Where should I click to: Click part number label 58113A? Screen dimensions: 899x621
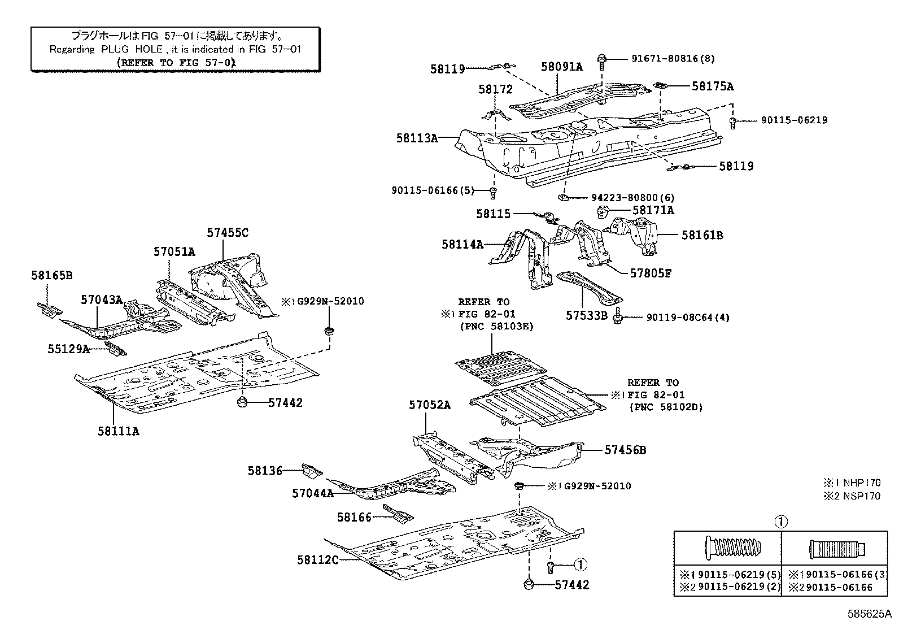[x=417, y=137]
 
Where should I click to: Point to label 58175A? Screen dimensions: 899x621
[x=713, y=86]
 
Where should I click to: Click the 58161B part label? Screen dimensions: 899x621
[x=702, y=234]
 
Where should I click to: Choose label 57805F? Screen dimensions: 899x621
[x=651, y=273]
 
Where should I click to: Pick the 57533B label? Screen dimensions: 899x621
[x=587, y=315]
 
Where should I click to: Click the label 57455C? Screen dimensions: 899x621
[x=227, y=232]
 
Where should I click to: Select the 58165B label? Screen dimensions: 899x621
[x=51, y=275]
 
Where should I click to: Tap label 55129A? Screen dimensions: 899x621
[x=68, y=349]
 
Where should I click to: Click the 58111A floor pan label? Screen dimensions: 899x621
[x=117, y=431]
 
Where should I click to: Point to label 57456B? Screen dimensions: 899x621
[x=625, y=450]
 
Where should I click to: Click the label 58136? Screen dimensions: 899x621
[x=264, y=470]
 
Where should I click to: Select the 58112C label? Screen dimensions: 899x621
[x=317, y=559]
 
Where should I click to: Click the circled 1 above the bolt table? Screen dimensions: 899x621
[x=780, y=522]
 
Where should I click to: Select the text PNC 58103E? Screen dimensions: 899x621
[x=497, y=326]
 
